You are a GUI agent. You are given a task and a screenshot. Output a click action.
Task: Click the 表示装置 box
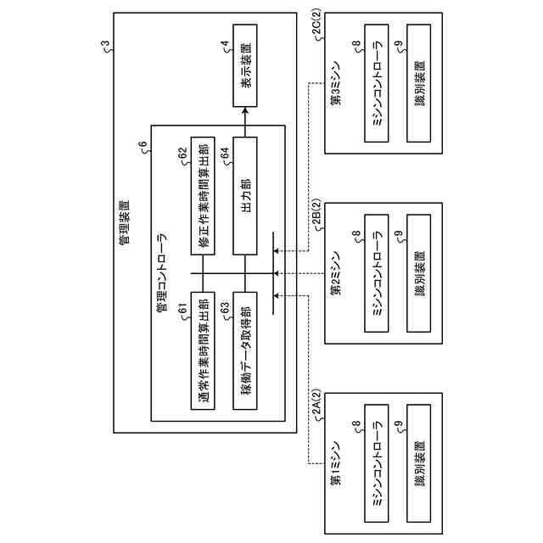245,65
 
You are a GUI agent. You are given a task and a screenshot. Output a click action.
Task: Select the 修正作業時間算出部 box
203,196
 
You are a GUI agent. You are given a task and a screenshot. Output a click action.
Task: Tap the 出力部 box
245,196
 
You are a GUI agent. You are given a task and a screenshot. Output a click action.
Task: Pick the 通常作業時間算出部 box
203,350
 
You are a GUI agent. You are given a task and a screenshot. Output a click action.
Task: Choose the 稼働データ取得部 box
245,350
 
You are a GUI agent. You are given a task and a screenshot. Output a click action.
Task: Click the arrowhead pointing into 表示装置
245,111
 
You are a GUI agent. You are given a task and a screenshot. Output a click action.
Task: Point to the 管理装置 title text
125,222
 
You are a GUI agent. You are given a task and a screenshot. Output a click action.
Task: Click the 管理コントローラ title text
162,272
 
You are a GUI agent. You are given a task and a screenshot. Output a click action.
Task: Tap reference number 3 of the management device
105,44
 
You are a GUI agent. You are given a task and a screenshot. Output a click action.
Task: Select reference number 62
182,154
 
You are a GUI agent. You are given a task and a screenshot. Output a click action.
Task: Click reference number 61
182,309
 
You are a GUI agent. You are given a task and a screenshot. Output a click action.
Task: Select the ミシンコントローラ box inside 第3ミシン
377,83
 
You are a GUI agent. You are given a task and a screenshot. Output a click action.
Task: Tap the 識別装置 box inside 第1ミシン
418,463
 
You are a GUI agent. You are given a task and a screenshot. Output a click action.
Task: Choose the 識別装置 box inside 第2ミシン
418,273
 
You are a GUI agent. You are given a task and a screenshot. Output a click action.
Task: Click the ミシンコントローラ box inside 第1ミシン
377,463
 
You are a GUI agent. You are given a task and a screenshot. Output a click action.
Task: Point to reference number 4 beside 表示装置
226,44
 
